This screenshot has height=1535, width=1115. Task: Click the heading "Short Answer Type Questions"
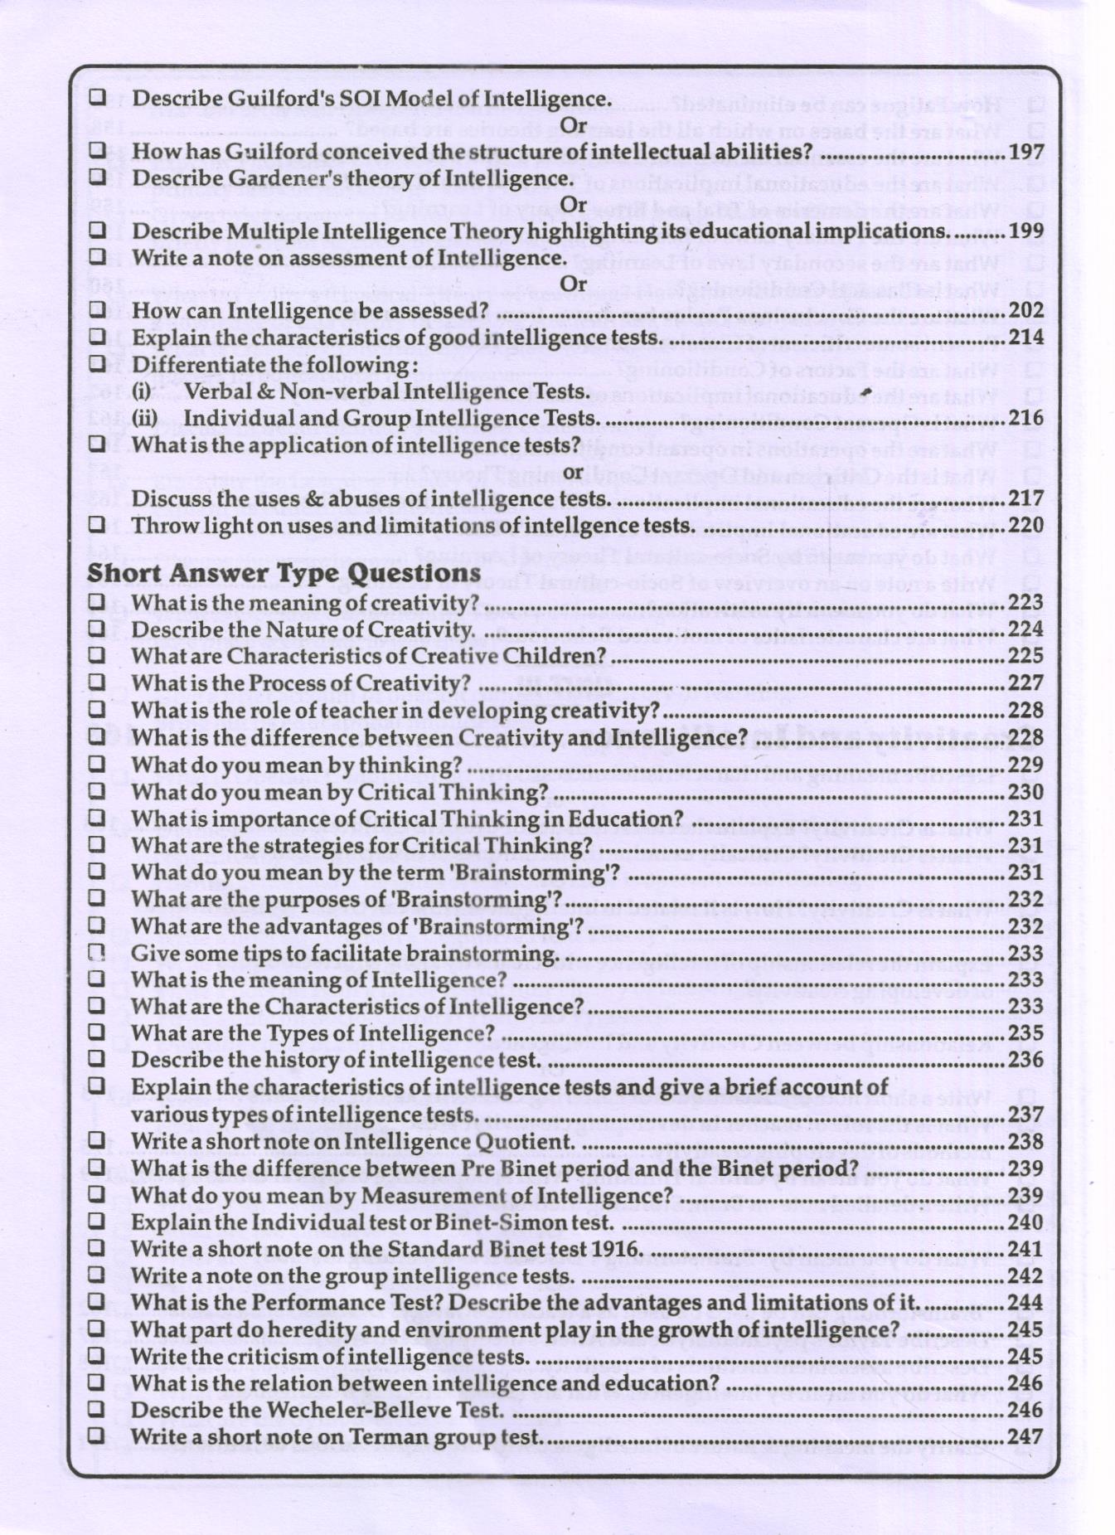point(284,573)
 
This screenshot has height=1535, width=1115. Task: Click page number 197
point(1025,152)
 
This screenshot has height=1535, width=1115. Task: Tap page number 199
point(1025,231)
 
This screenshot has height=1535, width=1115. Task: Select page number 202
point(1025,311)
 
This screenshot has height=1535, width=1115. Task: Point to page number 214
point(1025,338)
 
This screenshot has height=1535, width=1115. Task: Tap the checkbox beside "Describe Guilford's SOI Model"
point(97,97)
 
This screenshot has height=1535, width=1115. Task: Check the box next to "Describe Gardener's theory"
point(97,177)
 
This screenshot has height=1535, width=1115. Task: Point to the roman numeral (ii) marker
point(143,418)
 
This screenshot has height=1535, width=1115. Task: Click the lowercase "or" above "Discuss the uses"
point(573,471)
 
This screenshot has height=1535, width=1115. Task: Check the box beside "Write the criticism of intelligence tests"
point(97,1356)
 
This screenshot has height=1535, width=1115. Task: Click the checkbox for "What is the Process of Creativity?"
point(97,682)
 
